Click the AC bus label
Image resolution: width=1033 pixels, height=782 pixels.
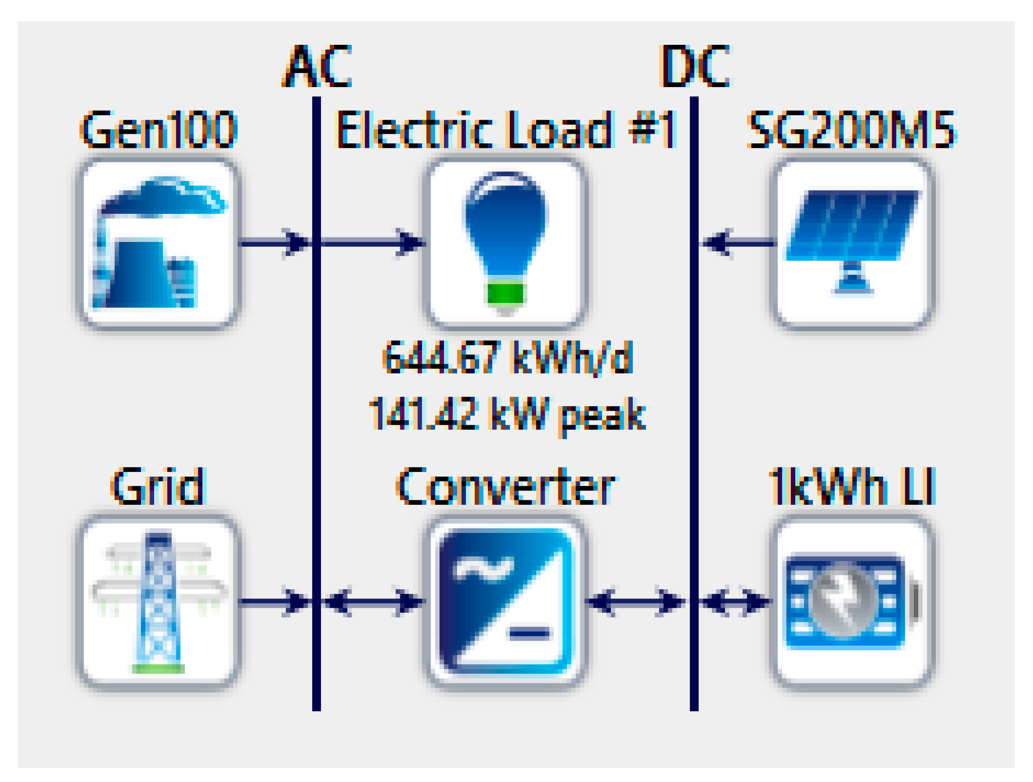317,66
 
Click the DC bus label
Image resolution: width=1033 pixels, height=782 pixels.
694,66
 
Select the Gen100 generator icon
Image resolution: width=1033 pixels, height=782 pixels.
159,244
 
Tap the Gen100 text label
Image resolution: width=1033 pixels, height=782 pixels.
159,130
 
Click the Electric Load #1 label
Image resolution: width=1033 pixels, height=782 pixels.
506,130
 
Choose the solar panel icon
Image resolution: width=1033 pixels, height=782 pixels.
852,244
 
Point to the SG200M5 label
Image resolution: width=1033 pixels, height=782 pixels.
851,130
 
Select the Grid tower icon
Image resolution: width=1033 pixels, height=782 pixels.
159,601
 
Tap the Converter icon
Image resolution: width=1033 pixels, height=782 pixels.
506,601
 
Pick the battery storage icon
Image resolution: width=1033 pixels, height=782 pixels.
852,601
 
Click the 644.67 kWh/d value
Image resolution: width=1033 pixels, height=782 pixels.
507,358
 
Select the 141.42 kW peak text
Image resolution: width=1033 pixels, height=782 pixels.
507,414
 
